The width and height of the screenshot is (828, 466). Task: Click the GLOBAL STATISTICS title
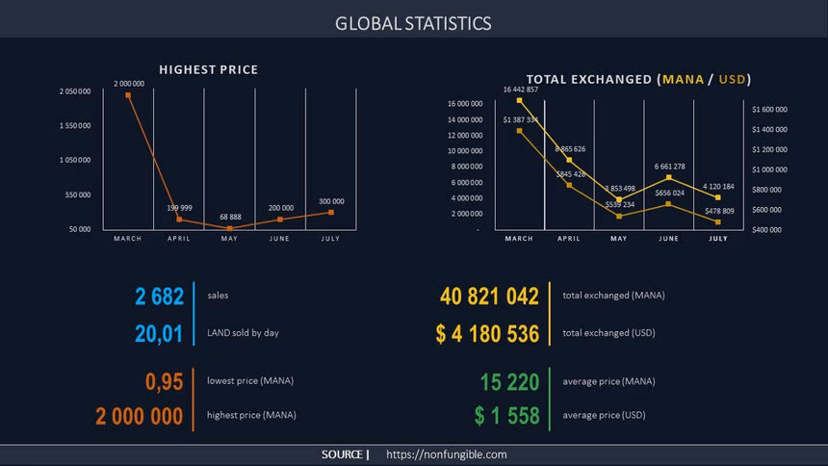click(x=413, y=23)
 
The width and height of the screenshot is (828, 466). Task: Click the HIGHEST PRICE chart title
click(x=208, y=70)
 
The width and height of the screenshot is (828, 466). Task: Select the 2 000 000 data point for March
click(x=128, y=94)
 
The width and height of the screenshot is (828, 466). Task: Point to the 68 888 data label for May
click(x=230, y=217)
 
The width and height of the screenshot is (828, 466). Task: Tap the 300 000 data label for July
click(x=331, y=201)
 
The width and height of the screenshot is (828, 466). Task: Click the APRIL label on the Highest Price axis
click(x=179, y=238)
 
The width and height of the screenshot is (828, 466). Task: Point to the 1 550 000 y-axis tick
click(x=75, y=125)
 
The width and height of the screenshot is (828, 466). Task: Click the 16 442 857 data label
click(x=521, y=90)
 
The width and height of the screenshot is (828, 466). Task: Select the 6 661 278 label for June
click(x=669, y=167)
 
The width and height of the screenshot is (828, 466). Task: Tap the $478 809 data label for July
click(x=718, y=211)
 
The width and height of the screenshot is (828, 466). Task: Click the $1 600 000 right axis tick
click(x=770, y=110)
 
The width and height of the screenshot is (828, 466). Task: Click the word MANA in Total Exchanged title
click(x=681, y=79)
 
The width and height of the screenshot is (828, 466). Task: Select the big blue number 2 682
click(x=159, y=297)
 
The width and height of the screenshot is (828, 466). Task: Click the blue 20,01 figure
click(x=159, y=333)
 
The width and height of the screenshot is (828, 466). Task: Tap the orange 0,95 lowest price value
click(x=164, y=382)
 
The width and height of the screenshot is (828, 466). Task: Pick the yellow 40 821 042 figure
click(x=489, y=297)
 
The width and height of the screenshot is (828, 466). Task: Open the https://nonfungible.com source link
click(x=446, y=454)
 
